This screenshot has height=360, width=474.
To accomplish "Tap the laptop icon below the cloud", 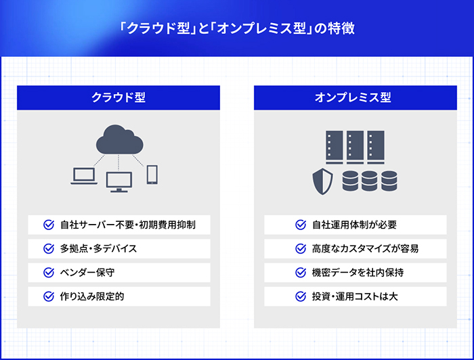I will [85, 175].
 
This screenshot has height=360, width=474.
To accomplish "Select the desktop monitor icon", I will [119, 181].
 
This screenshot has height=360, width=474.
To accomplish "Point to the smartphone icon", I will [152, 174].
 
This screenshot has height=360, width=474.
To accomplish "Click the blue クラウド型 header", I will [118, 97].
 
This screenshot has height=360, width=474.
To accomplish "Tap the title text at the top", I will [237, 29].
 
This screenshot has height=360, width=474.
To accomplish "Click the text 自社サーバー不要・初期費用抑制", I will [128, 224].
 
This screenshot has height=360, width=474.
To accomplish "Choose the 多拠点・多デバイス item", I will [99, 248].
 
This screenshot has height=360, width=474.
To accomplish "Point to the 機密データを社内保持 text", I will [359, 272].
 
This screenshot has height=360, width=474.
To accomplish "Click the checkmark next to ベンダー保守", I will [48, 272].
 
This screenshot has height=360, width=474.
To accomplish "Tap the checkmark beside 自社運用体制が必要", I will [301, 224].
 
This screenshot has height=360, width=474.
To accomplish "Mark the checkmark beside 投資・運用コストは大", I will [301, 296].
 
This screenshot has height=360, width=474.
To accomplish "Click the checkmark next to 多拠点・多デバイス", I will [48, 248].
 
